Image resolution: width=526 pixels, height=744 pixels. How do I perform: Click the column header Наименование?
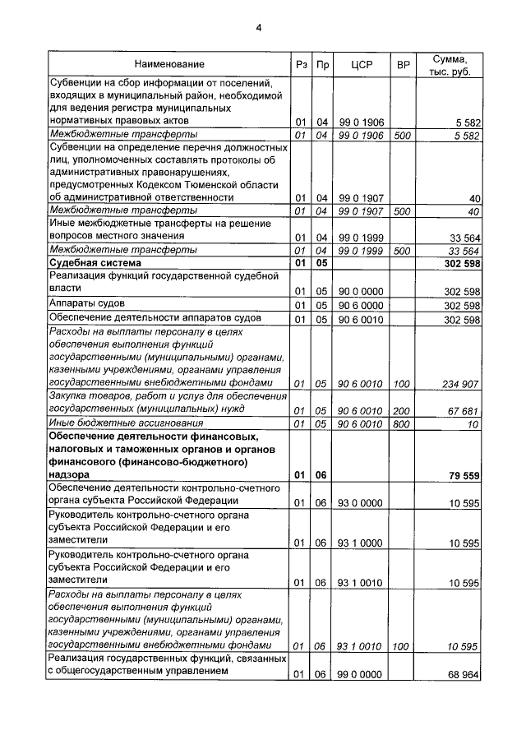tap(169, 64)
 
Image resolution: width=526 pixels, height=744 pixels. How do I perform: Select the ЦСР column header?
tap(362, 64)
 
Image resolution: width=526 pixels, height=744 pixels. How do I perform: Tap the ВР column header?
tap(403, 64)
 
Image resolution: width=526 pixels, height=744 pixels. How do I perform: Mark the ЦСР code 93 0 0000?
tap(362, 501)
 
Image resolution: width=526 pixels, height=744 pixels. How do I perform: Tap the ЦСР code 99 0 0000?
tap(362, 674)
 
